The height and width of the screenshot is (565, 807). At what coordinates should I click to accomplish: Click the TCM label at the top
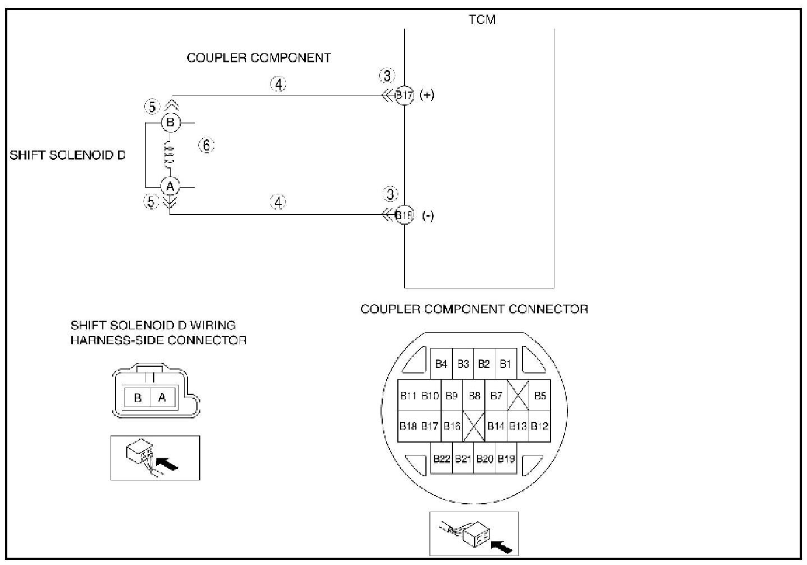click(x=482, y=20)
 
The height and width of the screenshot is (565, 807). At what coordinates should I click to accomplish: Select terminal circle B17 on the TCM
click(x=404, y=95)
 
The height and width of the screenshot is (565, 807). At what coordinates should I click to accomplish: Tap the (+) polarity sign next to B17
click(x=427, y=95)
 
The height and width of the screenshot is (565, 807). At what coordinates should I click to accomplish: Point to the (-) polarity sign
click(x=427, y=216)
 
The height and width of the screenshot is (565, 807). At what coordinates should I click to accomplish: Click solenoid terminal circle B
click(x=171, y=122)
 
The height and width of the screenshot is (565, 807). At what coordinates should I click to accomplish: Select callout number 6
click(x=206, y=146)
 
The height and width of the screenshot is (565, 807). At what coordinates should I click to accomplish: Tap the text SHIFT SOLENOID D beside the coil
click(x=68, y=155)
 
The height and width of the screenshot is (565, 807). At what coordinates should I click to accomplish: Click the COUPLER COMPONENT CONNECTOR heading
click(x=474, y=309)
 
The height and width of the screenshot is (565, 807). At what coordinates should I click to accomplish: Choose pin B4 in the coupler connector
click(x=441, y=364)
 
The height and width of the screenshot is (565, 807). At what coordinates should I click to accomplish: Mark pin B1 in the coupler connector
click(x=506, y=364)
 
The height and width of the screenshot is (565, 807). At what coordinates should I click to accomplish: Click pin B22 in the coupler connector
click(x=442, y=459)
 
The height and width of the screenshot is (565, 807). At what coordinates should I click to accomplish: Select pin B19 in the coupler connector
click(x=506, y=459)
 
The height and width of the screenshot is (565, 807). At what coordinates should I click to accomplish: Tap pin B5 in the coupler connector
click(x=540, y=396)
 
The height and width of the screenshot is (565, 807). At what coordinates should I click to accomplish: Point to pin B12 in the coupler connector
click(x=539, y=426)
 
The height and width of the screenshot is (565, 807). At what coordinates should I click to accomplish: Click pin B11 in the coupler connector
click(x=409, y=396)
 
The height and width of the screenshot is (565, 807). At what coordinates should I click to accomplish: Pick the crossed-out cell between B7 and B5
click(x=518, y=396)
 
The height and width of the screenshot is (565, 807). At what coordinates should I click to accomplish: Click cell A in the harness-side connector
click(x=162, y=398)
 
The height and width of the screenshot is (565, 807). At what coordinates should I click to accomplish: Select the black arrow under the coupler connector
click(x=501, y=544)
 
